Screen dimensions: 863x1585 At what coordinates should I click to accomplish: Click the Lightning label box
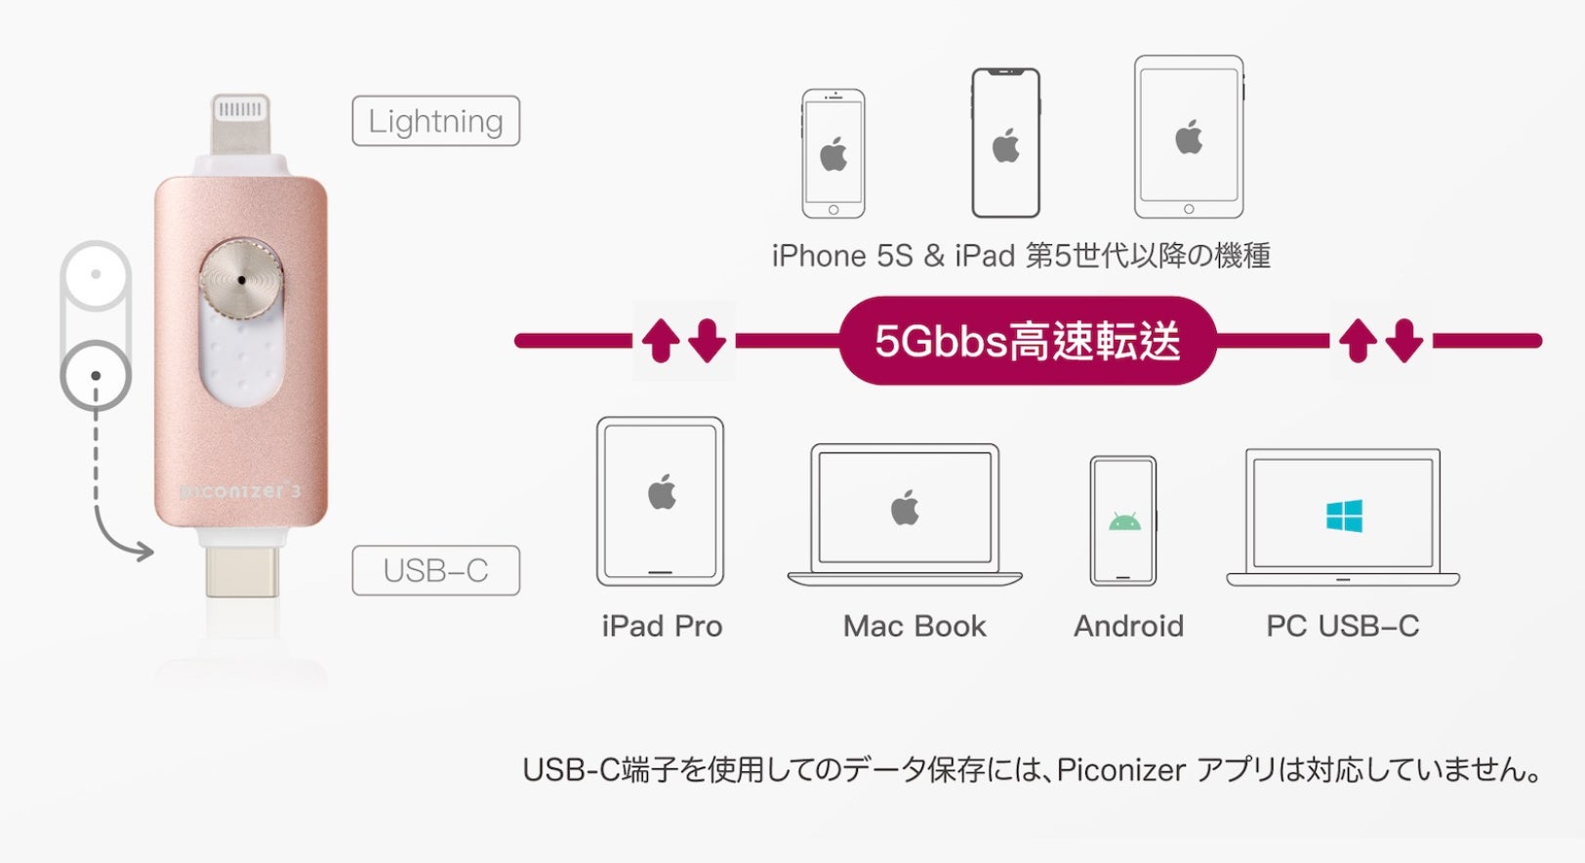pyautogui.click(x=435, y=121)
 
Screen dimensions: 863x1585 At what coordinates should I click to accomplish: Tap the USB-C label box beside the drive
pyautogui.click(x=435, y=570)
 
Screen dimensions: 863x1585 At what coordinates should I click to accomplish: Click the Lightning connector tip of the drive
pyautogui.click(x=239, y=121)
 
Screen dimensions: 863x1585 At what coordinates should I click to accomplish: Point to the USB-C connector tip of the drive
pyautogui.click(x=242, y=572)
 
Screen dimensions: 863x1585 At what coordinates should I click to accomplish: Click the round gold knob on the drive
pyautogui.click(x=241, y=279)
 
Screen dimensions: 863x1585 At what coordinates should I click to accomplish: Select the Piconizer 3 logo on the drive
pyautogui.click(x=241, y=491)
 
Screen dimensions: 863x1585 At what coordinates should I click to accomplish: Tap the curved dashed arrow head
pyautogui.click(x=144, y=553)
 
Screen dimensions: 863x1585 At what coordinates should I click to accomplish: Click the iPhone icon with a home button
pyautogui.click(x=833, y=153)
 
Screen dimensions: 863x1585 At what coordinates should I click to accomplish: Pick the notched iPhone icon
pyautogui.click(x=1005, y=144)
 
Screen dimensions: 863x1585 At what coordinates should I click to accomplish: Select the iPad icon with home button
pyautogui.click(x=1188, y=137)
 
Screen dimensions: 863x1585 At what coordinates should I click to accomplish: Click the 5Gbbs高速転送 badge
pyautogui.click(x=1027, y=341)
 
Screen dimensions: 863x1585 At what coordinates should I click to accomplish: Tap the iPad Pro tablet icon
pyautogui.click(x=661, y=501)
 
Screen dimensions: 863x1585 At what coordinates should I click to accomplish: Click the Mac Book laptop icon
pyautogui.click(x=905, y=514)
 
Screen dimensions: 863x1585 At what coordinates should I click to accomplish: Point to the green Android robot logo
pyautogui.click(x=1124, y=521)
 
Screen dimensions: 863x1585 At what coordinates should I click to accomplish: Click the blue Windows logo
pyautogui.click(x=1344, y=516)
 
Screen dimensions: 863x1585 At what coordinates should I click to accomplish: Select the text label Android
pyautogui.click(x=1128, y=626)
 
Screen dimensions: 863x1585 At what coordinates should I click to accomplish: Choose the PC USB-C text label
pyautogui.click(x=1342, y=626)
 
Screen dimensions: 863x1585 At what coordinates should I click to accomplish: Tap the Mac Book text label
pyautogui.click(x=914, y=626)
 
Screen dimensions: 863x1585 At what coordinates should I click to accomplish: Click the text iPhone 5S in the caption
pyautogui.click(x=841, y=256)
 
